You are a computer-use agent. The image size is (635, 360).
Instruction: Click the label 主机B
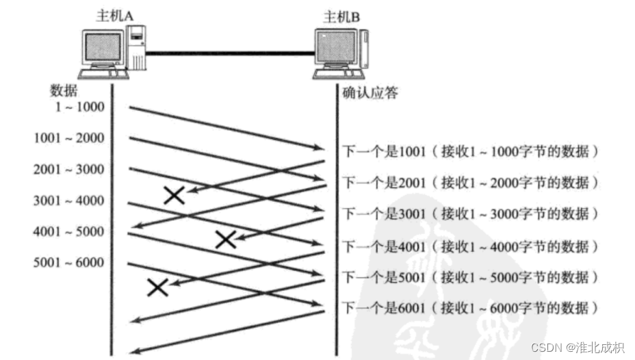point(341,14)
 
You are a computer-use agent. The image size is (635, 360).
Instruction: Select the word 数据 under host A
point(64,90)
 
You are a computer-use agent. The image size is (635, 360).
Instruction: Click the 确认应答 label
point(370,93)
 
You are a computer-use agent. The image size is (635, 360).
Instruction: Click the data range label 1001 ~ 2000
point(68,138)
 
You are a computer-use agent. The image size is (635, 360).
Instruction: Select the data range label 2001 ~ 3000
point(68,169)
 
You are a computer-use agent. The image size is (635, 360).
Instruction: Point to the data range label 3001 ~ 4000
point(68,201)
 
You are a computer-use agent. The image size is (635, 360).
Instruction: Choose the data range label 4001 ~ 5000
point(68,231)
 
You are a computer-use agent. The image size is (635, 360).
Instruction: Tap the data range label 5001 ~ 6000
point(68,263)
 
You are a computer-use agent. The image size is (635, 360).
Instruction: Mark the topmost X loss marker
point(174,196)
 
